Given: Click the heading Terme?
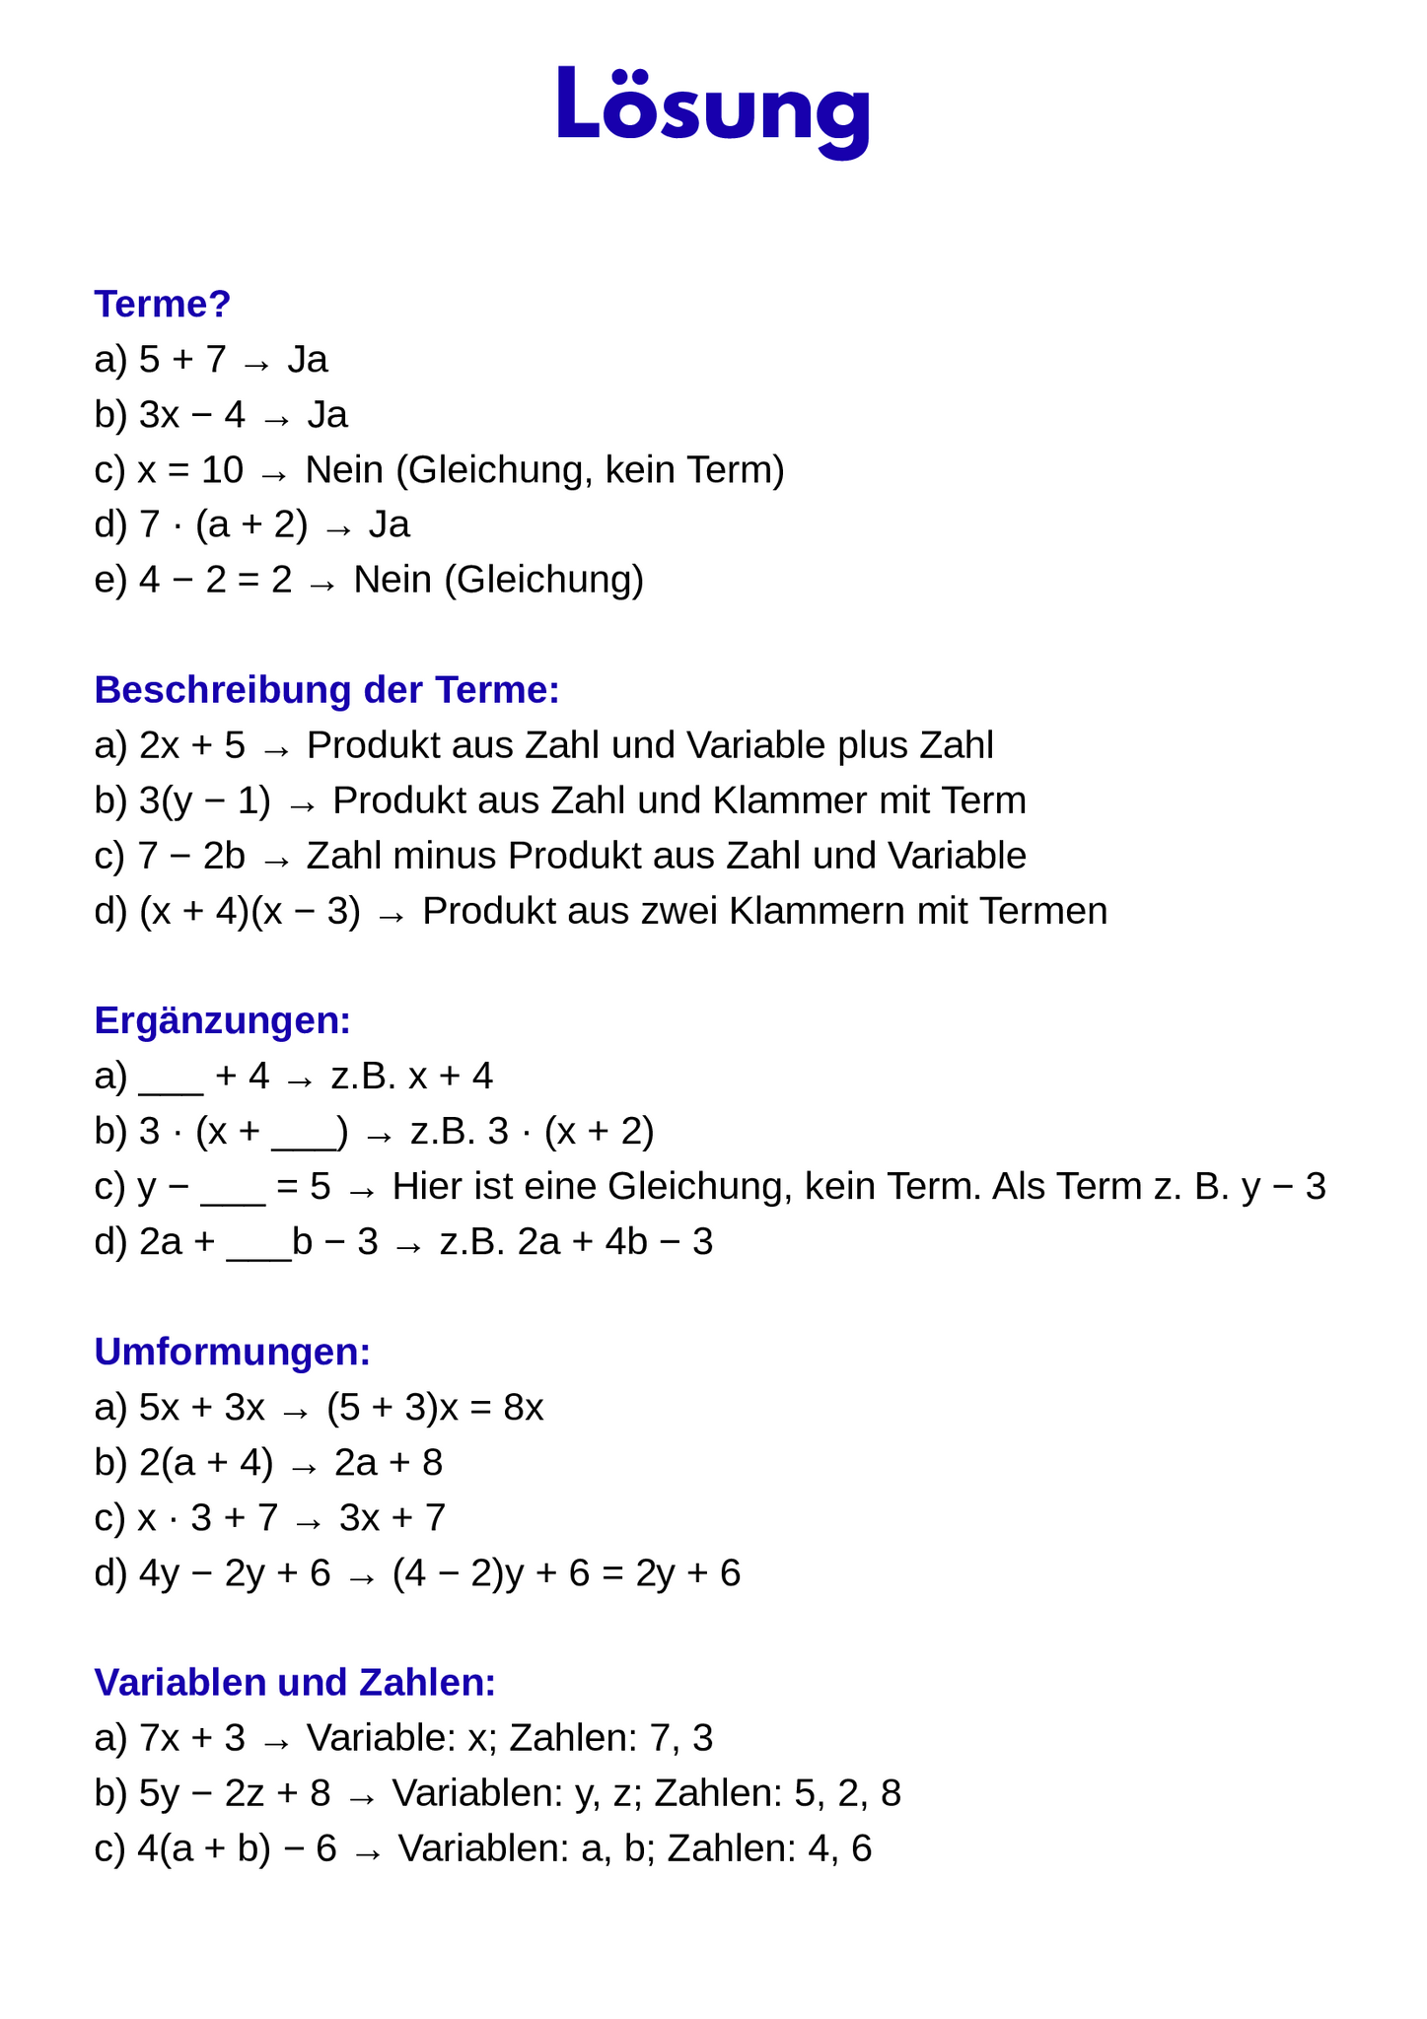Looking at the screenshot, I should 162,305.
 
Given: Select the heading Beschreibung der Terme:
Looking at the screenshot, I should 326,690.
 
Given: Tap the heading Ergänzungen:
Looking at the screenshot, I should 222,1020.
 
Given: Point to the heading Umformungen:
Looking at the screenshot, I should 232,1352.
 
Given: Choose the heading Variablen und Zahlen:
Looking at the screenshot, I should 294,1682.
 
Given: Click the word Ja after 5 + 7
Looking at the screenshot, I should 308,360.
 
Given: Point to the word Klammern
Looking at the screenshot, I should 817,911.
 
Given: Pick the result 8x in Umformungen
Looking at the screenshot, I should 524,1407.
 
